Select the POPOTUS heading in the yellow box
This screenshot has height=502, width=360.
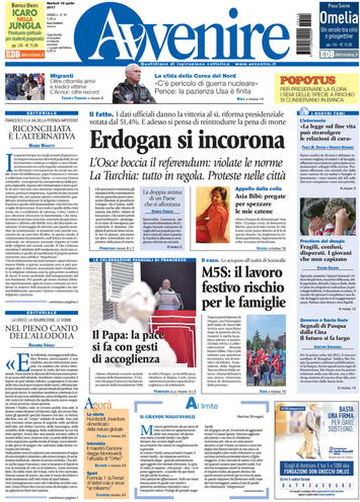click(x=308, y=80)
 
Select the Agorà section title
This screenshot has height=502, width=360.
click(x=98, y=404)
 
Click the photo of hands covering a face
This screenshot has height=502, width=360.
click(x=329, y=216)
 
